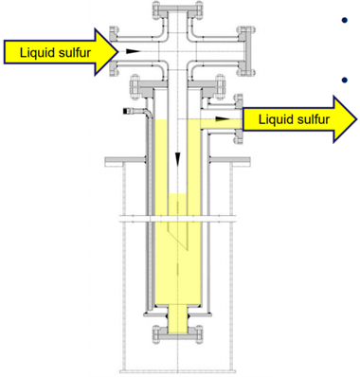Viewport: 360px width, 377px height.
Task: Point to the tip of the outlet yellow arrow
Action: (353, 119)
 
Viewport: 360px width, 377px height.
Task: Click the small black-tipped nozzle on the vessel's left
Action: (128, 113)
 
